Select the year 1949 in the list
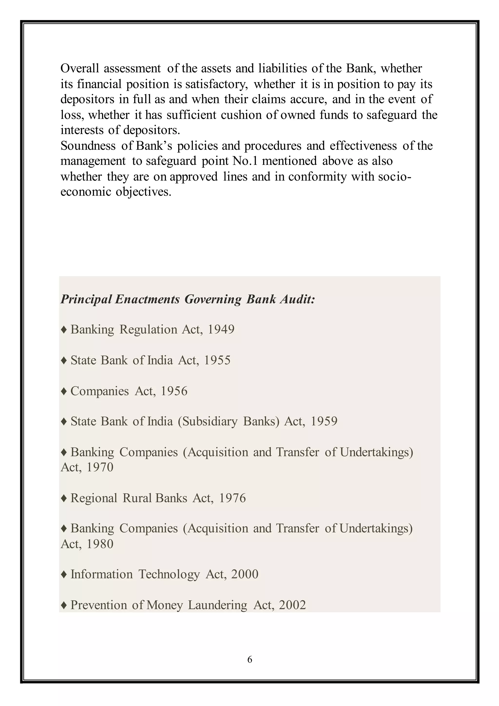(221, 329)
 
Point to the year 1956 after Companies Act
(174, 391)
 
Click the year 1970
(100, 467)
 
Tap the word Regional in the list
(94, 498)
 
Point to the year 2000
(245, 574)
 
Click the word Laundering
(218, 605)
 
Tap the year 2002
(293, 605)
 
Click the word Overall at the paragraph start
(80, 68)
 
